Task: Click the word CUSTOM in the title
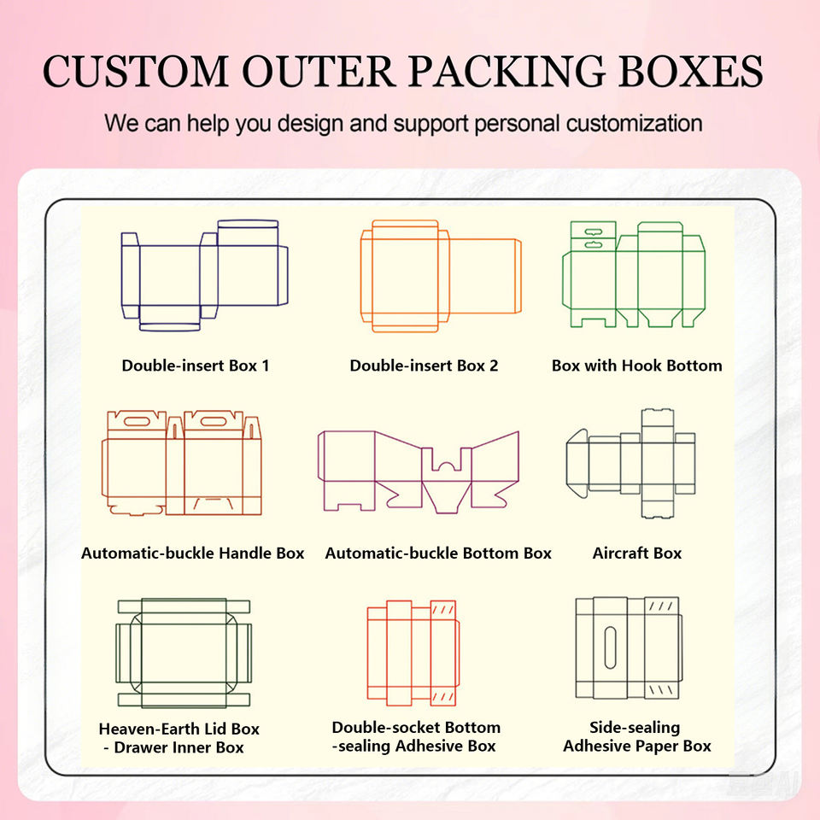click(x=135, y=71)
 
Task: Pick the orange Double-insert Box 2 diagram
click(x=440, y=276)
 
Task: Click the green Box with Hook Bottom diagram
click(x=634, y=274)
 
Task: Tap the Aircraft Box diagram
click(x=631, y=463)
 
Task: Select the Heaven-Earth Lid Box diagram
click(x=184, y=653)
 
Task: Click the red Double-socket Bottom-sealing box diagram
click(x=413, y=653)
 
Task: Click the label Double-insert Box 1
click(x=196, y=366)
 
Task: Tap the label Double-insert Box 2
click(x=424, y=366)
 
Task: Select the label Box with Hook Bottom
click(x=636, y=366)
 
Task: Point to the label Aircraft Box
click(x=637, y=553)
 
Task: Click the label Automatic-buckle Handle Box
click(x=193, y=553)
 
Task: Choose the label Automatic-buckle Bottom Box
click(x=438, y=553)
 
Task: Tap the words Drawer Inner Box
click(x=179, y=747)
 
